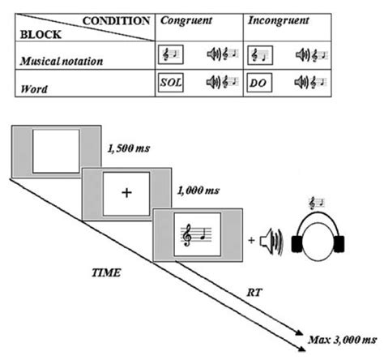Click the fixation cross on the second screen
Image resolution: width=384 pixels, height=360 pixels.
click(x=126, y=193)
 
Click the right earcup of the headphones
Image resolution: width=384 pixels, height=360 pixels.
click(x=355, y=243)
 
